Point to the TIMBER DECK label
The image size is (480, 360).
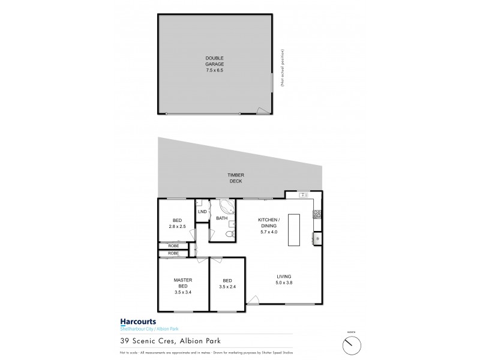(235, 178)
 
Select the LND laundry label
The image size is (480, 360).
(202, 212)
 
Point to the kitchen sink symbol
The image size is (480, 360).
(303, 195)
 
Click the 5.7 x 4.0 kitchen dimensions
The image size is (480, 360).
(268, 232)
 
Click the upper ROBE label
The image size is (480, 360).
(173, 246)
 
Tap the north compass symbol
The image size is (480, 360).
(350, 344)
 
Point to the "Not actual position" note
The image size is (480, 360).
(282, 69)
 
